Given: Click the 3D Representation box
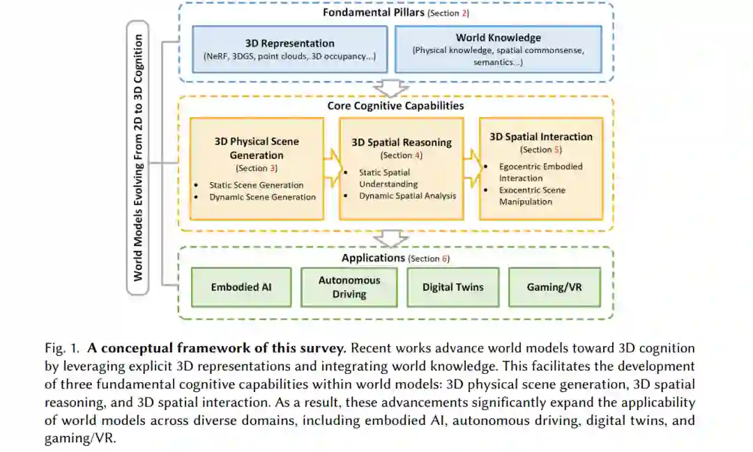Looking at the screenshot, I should coord(289,50).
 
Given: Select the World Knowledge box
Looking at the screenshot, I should coord(498,50).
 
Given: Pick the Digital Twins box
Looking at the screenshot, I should coord(452,287).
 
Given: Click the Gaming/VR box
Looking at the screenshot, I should coord(554,287).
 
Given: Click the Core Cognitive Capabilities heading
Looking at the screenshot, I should coord(395,106).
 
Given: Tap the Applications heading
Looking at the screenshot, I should coord(373,258).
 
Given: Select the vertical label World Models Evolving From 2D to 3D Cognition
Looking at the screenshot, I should coord(138,157).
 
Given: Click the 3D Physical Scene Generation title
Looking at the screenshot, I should coord(257,148).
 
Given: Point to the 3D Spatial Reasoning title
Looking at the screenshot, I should coord(401,142).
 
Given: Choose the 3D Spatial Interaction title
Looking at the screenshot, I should coord(540,137).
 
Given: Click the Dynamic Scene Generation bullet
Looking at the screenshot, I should coord(262,197).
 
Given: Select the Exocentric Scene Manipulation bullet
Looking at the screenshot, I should coord(531,195).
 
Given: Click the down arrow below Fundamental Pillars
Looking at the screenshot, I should coord(390,88).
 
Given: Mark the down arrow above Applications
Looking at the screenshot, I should coord(390,239).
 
